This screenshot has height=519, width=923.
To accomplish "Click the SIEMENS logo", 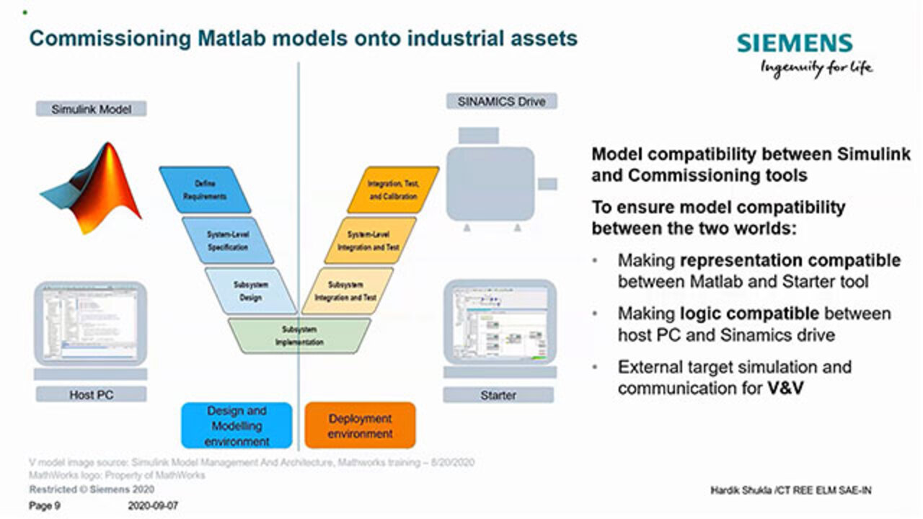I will tap(794, 43).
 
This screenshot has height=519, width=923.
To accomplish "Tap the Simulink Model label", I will tap(91, 109).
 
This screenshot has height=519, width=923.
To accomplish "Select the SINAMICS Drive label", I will tap(502, 102).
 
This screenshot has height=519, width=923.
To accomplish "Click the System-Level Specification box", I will tap(229, 240).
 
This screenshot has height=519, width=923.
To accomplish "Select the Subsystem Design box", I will tap(250, 290).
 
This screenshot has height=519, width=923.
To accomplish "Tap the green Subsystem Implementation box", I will tap(299, 335).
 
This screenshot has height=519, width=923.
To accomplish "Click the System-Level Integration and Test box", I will tap(370, 240).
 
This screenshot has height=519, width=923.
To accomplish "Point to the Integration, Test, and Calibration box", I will tap(393, 190).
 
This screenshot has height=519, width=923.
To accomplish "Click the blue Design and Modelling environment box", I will tap(237, 425).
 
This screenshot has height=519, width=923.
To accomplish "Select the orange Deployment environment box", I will tap(360, 425).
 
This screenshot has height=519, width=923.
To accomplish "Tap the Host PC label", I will tap(91, 394).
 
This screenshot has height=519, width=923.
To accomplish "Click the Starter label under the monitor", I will tap(498, 395).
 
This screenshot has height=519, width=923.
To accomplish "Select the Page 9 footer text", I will tap(45, 506).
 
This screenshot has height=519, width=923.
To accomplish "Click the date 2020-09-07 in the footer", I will tap(152, 506).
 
